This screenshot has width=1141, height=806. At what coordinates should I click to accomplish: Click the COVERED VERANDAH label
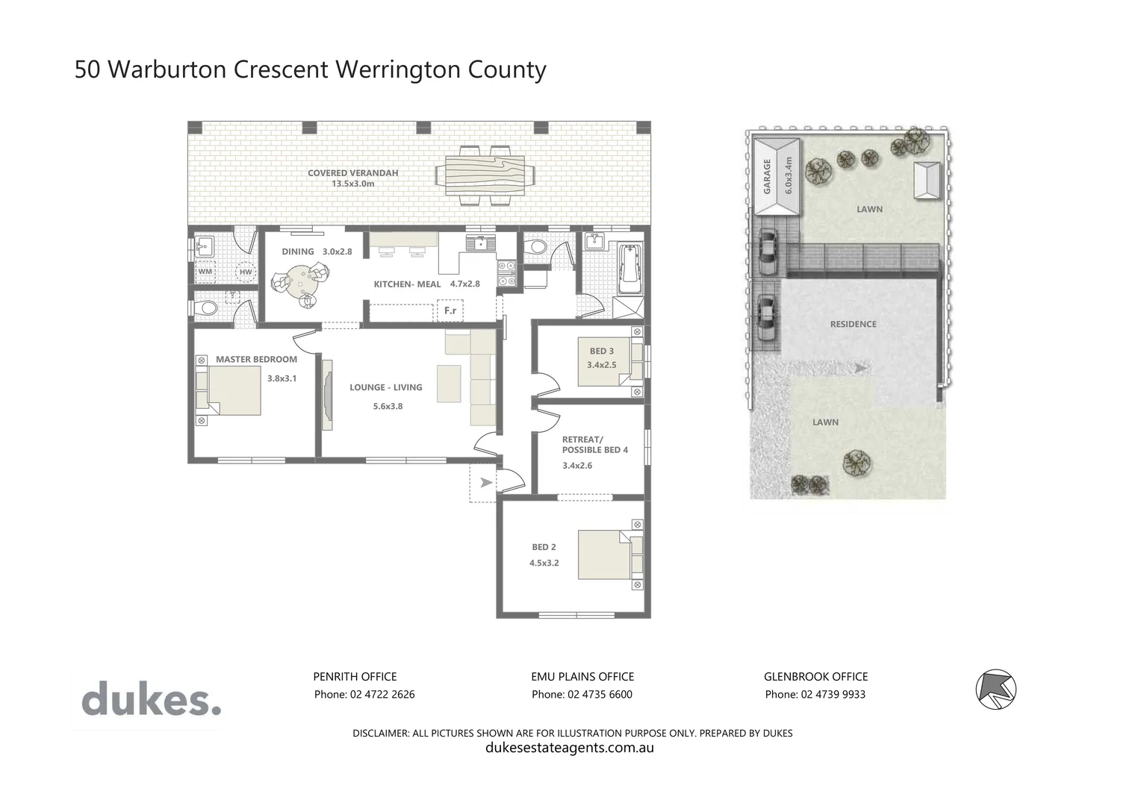tap(352, 173)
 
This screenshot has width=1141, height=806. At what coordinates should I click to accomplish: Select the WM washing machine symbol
tap(205, 272)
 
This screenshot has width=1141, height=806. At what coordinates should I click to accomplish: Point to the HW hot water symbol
tap(245, 272)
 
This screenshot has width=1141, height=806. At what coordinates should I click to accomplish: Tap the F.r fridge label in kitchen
tap(450, 310)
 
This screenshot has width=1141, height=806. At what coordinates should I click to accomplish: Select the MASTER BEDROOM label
tap(256, 360)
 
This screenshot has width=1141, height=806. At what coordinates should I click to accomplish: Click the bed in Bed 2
tap(603, 555)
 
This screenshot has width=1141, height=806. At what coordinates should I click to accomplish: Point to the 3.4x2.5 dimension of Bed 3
tap(602, 365)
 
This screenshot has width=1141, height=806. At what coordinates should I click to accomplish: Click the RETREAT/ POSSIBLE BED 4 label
tap(594, 445)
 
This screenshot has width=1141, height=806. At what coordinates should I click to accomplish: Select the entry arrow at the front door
tap(485, 482)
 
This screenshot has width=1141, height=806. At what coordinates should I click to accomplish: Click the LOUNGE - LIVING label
tap(386, 387)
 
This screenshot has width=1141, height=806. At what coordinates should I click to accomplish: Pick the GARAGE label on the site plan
tap(766, 176)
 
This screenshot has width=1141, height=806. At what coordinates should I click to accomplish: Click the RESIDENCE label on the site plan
tap(853, 324)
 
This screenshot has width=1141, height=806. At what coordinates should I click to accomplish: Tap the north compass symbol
tap(996, 689)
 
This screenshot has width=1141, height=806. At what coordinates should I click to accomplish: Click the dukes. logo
tap(151, 700)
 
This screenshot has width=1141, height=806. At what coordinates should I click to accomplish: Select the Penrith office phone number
tap(364, 694)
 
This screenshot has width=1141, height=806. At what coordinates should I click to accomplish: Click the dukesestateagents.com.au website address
tap(569, 748)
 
